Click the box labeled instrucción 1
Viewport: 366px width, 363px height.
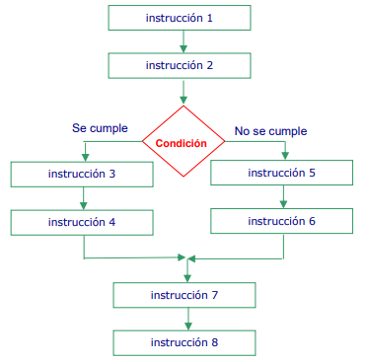[x=179, y=18]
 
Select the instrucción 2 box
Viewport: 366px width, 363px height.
[x=179, y=65]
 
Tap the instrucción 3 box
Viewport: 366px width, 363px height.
[x=82, y=174]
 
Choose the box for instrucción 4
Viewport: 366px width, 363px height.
[x=82, y=222]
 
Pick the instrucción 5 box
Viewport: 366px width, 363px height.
[x=282, y=173]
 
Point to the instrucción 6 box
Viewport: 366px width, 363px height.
[x=282, y=221]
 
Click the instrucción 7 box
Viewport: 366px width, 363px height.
[x=184, y=294]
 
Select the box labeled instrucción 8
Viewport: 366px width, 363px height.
[x=184, y=342]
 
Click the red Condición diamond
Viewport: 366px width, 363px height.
[x=183, y=142]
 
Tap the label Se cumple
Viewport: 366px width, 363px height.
[x=101, y=128]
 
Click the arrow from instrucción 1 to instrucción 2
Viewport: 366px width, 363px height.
[x=183, y=41]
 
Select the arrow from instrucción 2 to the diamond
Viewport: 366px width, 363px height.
[x=183, y=92]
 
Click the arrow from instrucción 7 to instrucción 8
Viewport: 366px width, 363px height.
[x=187, y=319]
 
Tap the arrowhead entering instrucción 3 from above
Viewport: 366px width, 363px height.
[x=86, y=157]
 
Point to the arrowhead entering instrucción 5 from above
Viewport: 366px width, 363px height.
[x=286, y=156]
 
